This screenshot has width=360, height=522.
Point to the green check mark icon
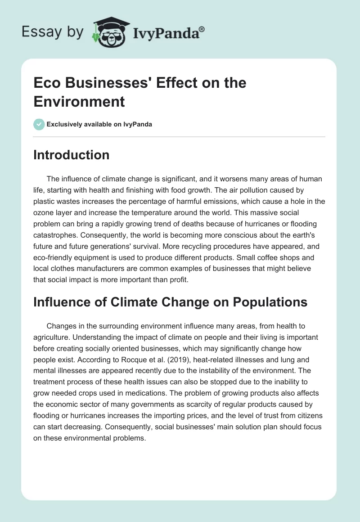39,124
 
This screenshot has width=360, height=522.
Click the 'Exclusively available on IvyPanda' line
99,125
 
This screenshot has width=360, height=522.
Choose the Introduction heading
71,155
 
